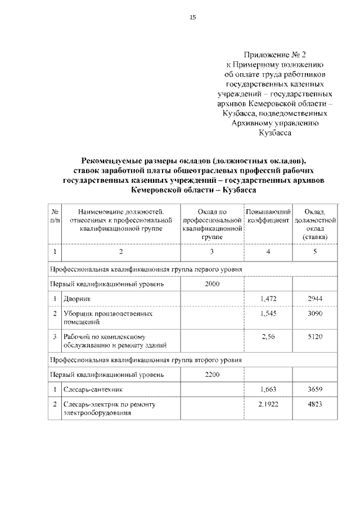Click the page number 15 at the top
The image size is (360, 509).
[x=192, y=18]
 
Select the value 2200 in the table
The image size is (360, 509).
[x=212, y=373]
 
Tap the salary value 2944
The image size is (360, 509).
[x=315, y=299]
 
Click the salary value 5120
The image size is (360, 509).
[x=315, y=336]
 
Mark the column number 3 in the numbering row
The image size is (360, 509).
[x=212, y=251]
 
